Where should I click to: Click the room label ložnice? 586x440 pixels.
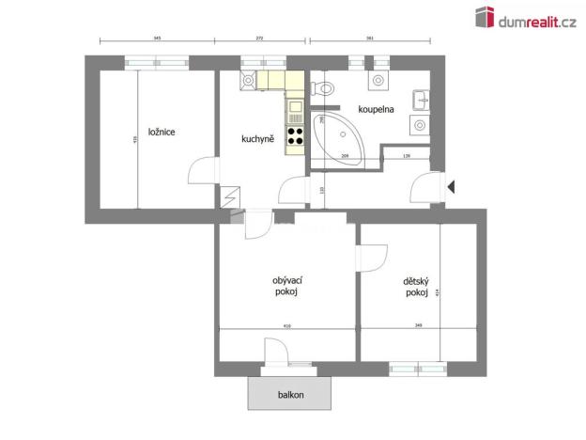pyautogui.click(x=162, y=132)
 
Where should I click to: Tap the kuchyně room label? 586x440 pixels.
pyautogui.click(x=257, y=139)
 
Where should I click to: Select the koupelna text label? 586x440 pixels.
pyautogui.click(x=376, y=109)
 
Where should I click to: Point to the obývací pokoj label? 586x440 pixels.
pyautogui.click(x=285, y=286)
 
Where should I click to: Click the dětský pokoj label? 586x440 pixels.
pyautogui.click(x=416, y=287)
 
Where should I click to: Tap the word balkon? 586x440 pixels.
pyautogui.click(x=290, y=395)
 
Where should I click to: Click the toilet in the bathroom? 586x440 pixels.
pyautogui.click(x=325, y=89)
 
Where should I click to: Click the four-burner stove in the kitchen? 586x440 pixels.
pyautogui.click(x=295, y=137)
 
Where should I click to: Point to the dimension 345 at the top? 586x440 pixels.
pyautogui.click(x=157, y=39)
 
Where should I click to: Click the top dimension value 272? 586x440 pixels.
pyautogui.click(x=260, y=39)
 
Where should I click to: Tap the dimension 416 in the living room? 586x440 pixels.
pyautogui.click(x=286, y=325)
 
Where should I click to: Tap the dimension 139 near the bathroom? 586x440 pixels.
pyautogui.click(x=406, y=156)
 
